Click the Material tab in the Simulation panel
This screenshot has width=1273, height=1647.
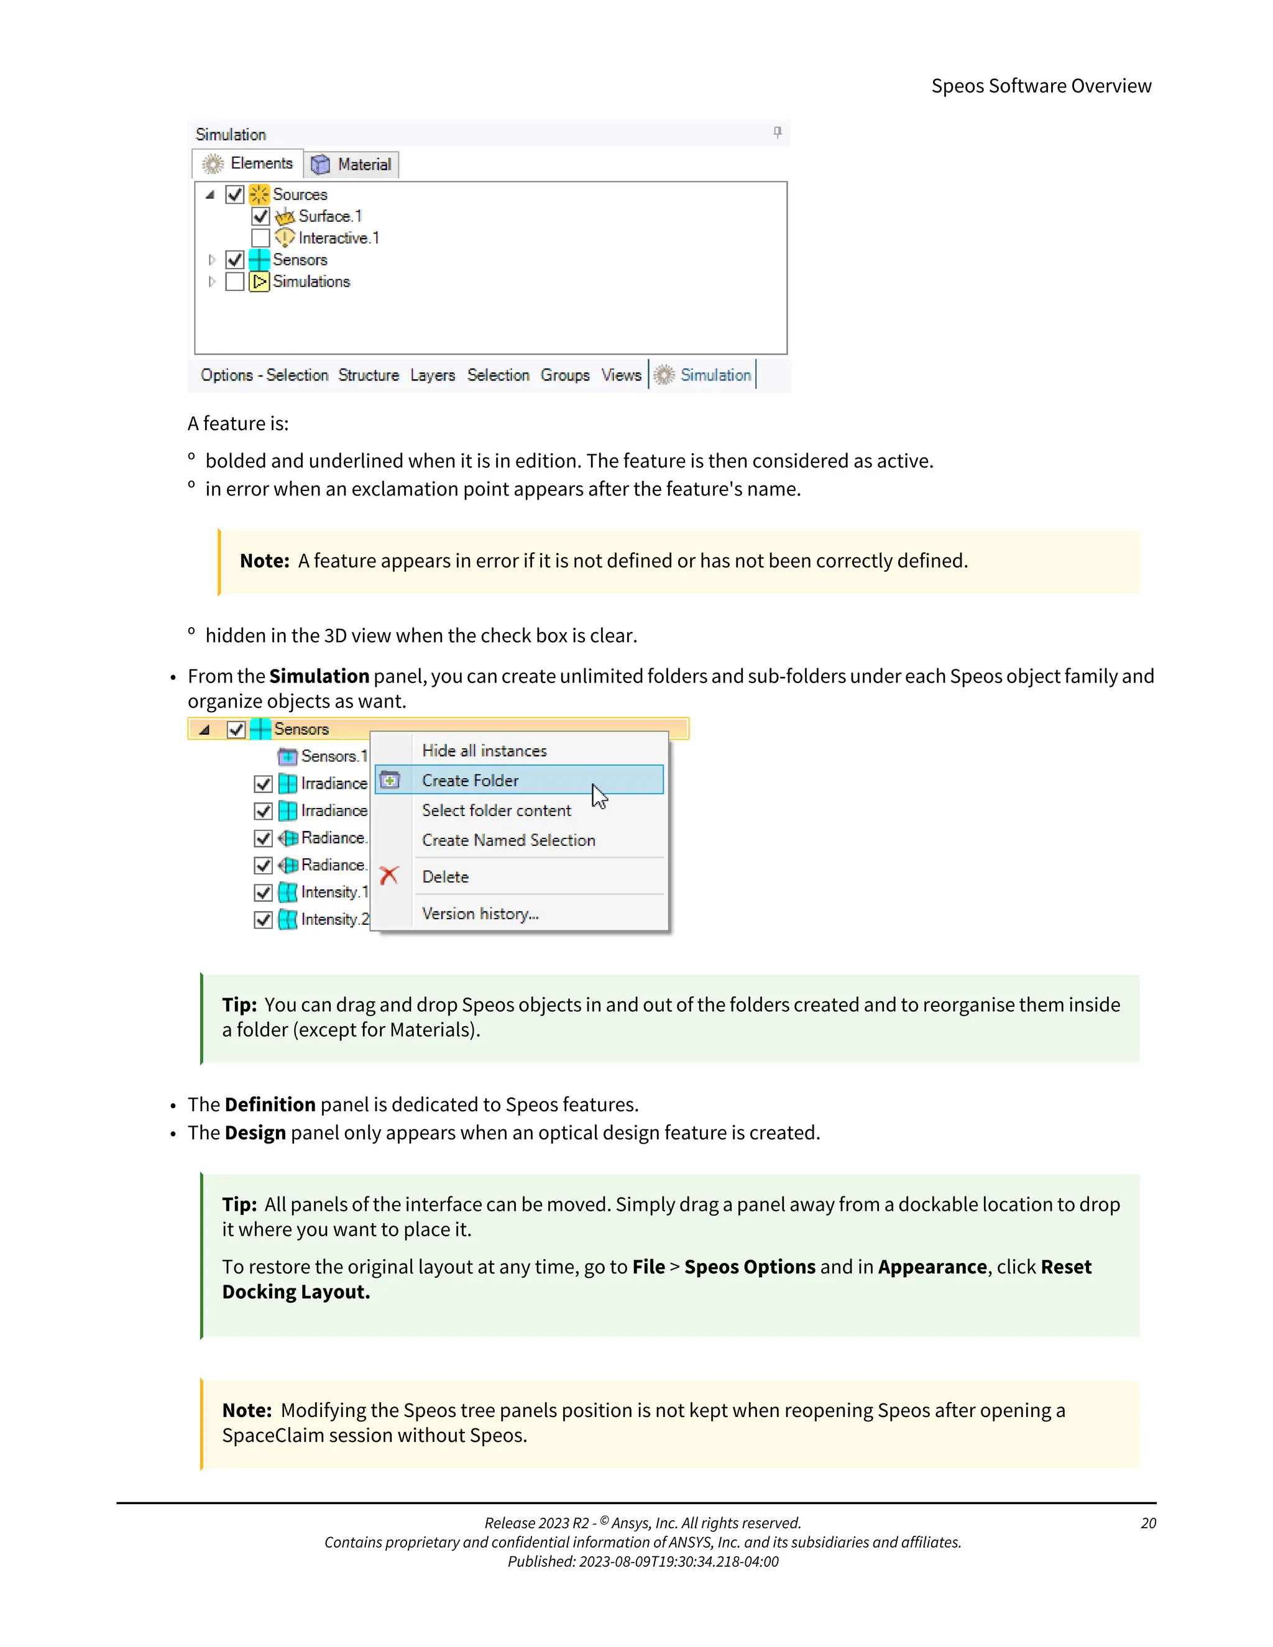coord(352,165)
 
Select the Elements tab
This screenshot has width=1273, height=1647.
coord(248,163)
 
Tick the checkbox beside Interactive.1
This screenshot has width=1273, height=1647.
coord(260,238)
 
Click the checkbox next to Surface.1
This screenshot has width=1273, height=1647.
coord(260,216)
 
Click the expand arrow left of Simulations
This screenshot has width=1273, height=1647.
coord(212,282)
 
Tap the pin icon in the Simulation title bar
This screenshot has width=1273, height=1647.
coord(778,133)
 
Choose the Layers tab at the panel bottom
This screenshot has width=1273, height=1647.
coord(432,375)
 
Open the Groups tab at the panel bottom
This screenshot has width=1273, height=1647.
coord(565,375)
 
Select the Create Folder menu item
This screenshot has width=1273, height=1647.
coord(471,781)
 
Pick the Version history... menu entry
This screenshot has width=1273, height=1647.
coord(480,914)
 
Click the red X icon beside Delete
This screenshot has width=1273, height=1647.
coord(389,876)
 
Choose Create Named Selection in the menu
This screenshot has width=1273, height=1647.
coord(508,840)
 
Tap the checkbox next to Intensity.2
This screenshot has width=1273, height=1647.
coord(262,920)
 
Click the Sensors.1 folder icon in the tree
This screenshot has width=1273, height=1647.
coord(287,756)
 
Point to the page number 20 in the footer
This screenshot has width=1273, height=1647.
coord(1148,1523)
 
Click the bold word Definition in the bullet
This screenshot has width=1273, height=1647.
coord(270,1105)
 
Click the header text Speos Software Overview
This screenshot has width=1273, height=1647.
coord(1041,86)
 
